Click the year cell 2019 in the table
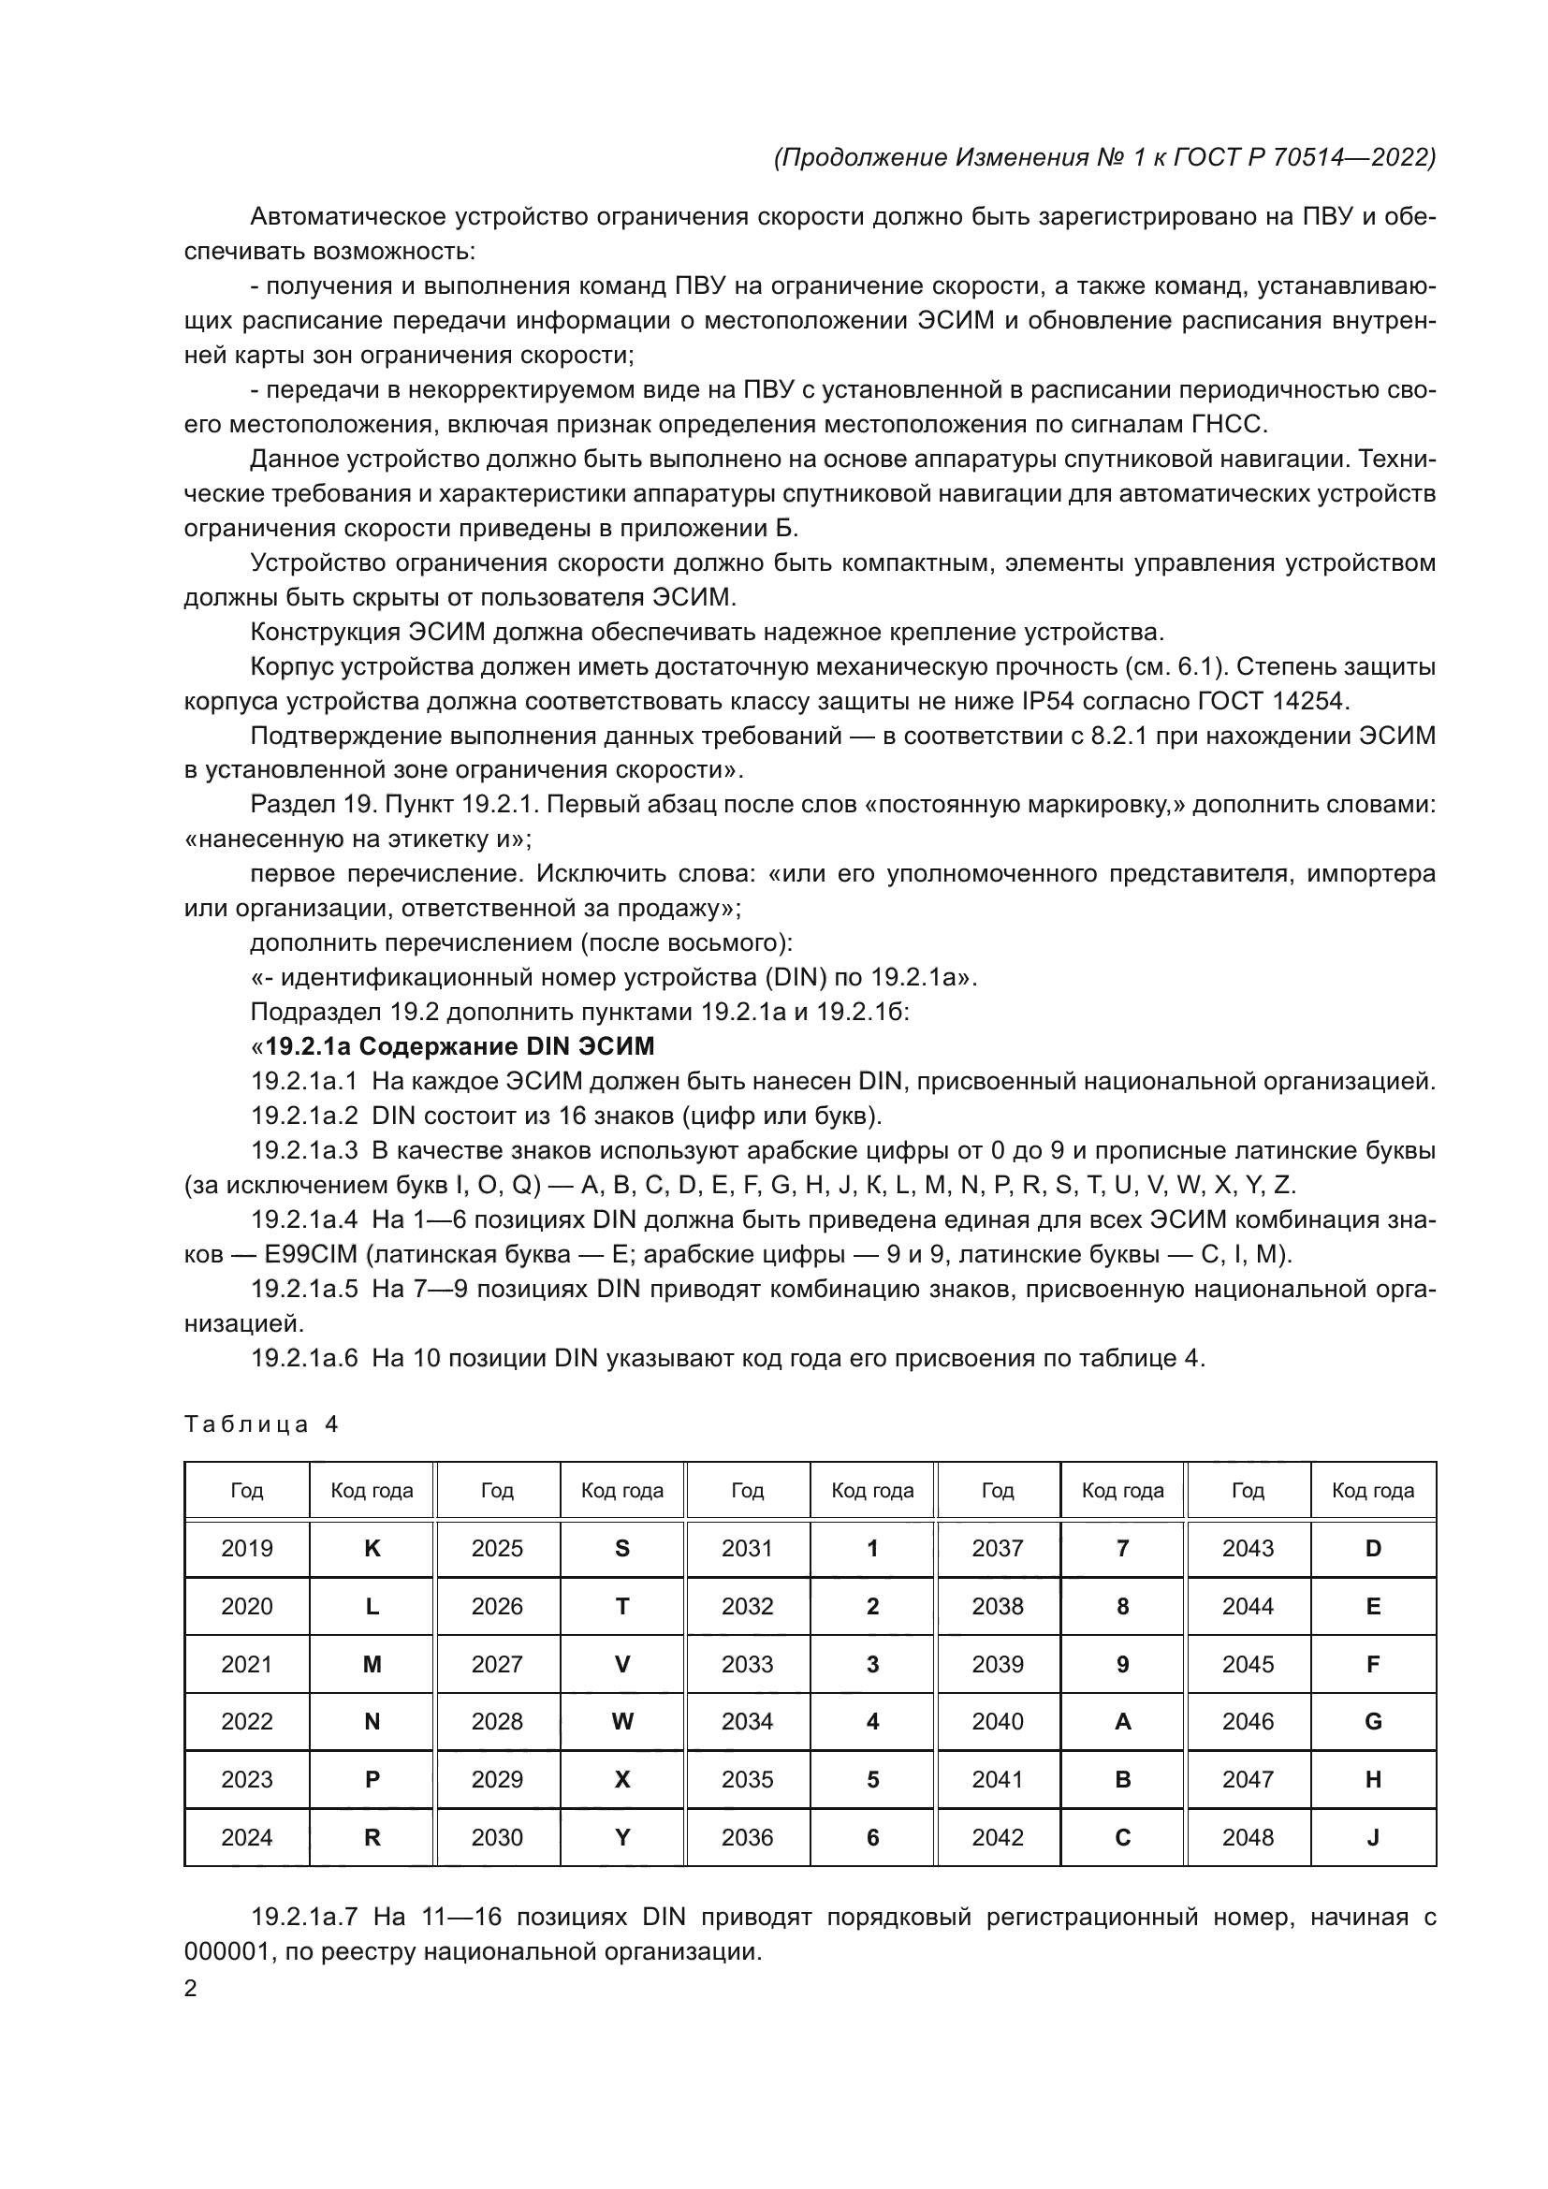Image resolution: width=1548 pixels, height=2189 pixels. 247,1548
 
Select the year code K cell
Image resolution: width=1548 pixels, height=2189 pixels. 372,1548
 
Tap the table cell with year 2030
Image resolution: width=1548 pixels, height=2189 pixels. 497,1837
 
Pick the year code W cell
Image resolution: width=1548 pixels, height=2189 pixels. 621,1721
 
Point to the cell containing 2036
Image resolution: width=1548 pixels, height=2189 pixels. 746,1837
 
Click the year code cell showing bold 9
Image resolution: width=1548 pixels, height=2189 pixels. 1122,1664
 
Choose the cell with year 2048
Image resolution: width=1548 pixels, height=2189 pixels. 1247,1837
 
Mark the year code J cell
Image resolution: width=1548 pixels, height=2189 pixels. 1373,1837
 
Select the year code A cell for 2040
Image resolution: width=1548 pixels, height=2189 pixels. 1122,1721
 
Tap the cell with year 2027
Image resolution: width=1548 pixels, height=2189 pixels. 497,1664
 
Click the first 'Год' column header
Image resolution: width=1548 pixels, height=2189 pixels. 247,1490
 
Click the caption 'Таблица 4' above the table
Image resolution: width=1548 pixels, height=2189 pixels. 260,1424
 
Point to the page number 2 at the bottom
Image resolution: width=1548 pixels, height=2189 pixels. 191,1988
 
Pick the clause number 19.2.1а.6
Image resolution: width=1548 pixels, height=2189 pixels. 304,1358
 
